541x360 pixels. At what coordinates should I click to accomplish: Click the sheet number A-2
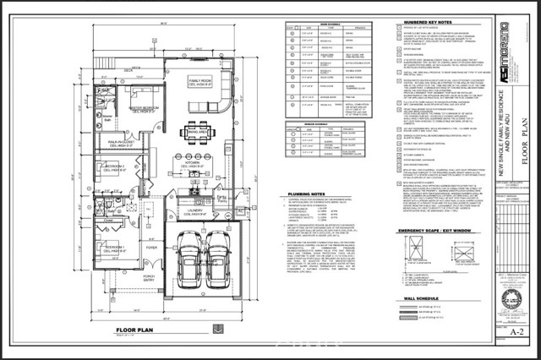click(516, 331)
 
